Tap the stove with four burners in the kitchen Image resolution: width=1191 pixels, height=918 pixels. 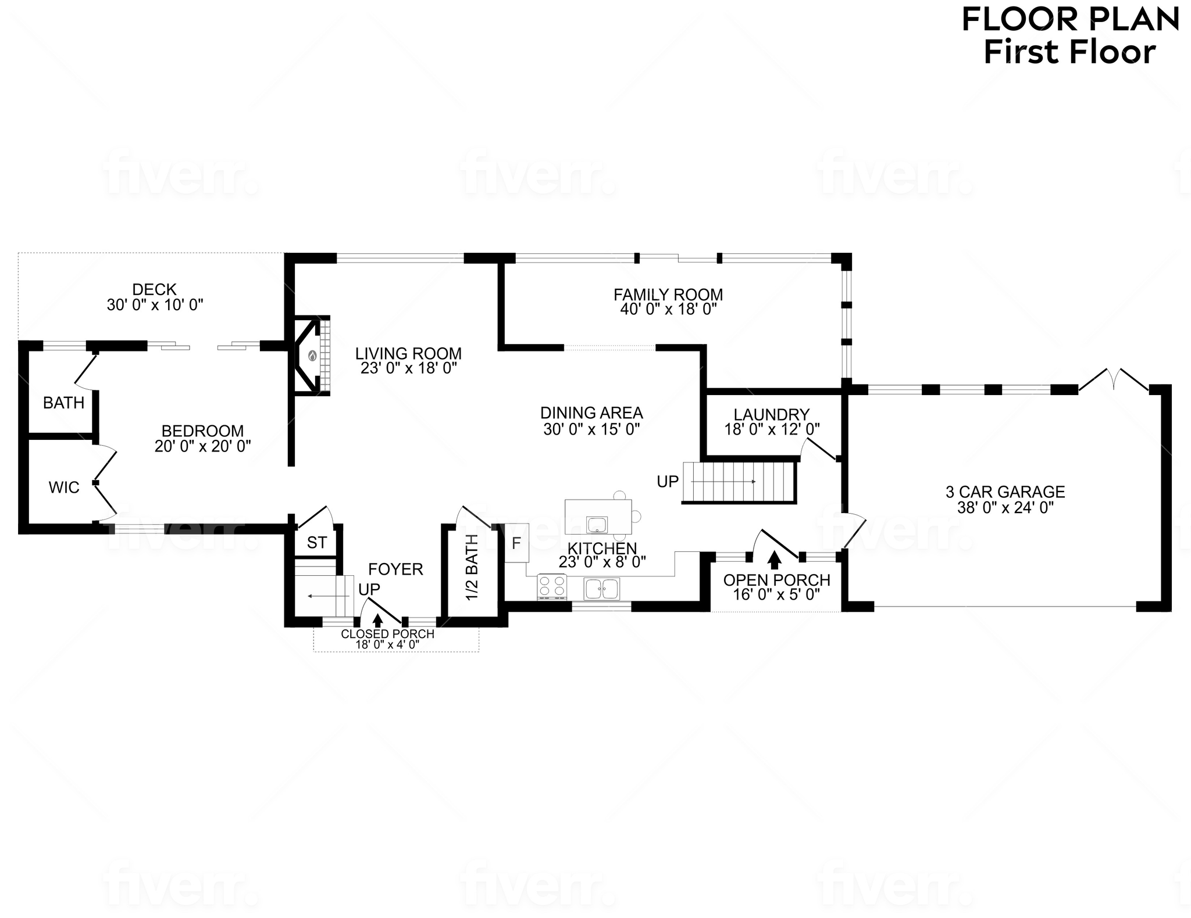pos(552,586)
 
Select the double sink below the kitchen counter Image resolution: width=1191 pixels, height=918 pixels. pos(602,589)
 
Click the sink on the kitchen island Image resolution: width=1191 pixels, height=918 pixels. pos(597,525)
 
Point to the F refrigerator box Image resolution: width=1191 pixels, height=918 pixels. pos(516,543)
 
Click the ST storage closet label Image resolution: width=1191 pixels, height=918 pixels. pos(317,543)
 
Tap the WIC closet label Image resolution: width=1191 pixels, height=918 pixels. pos(64,487)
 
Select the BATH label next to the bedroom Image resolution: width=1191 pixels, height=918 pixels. pos(64,403)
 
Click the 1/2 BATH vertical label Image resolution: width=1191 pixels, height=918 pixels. pos(472,567)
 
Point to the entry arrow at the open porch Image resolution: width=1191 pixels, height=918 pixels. pos(774,560)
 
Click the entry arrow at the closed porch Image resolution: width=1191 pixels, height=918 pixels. pos(378,621)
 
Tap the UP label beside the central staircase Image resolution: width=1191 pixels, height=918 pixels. pos(668,482)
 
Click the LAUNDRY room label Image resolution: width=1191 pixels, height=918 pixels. pos(772,414)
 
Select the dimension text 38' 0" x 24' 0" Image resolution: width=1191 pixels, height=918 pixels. pos(1005,508)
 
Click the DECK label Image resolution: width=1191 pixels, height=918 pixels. pos(155,289)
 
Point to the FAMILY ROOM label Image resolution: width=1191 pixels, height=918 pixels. pos(668,295)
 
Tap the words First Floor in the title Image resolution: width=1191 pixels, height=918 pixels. pos(1069,52)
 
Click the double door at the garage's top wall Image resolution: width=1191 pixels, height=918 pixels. pos(1114,379)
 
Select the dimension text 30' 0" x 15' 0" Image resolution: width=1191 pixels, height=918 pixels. pos(591,429)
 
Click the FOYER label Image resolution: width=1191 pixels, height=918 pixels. pos(395,569)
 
